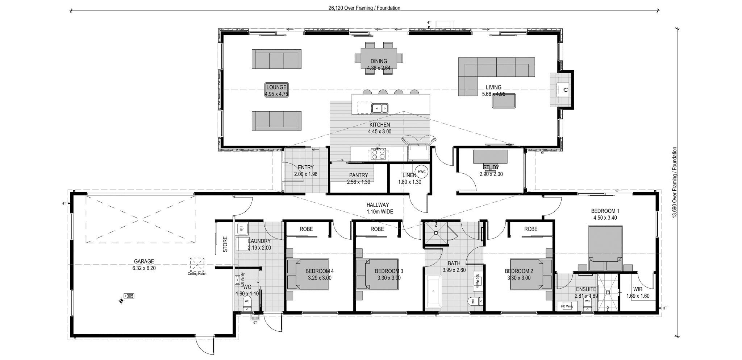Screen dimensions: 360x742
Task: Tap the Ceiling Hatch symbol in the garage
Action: click(x=197, y=265)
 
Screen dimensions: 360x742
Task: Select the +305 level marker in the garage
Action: click(x=129, y=296)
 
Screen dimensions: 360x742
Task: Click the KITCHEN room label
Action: click(x=380, y=125)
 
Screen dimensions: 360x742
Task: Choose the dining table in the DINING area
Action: click(x=379, y=58)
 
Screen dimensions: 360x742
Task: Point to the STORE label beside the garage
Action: click(x=225, y=244)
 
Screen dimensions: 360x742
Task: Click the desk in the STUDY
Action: click(x=490, y=157)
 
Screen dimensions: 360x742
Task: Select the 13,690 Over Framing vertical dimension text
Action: click(x=674, y=187)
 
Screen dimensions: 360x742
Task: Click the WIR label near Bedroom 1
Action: click(x=638, y=289)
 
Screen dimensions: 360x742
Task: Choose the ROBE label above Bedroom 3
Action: click(x=377, y=229)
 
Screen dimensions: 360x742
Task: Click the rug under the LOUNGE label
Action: click(x=276, y=90)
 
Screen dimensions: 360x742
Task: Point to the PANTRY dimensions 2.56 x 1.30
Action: click(x=358, y=182)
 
